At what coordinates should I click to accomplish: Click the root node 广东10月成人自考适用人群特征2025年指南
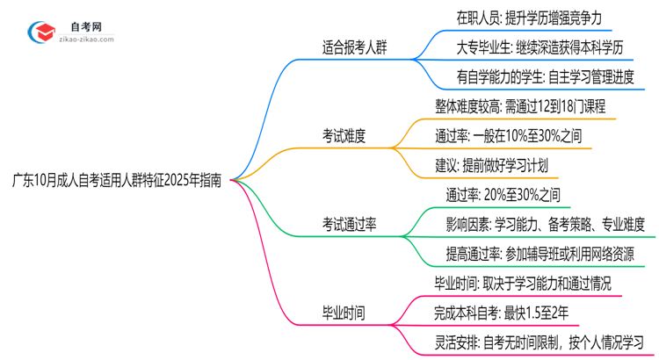[x=117, y=180]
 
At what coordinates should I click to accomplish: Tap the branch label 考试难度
[x=343, y=135]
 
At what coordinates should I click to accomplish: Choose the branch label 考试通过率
[x=349, y=226]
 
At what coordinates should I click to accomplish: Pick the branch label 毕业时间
[x=343, y=311]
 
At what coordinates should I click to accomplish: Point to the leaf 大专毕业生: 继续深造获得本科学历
[x=546, y=46]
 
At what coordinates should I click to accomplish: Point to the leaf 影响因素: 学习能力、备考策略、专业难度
[x=546, y=225]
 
